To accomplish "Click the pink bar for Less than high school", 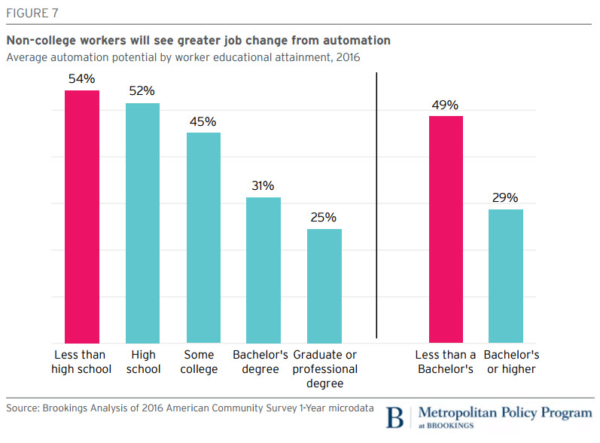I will [81, 216].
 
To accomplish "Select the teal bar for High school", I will [142, 222].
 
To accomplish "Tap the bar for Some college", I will [203, 237].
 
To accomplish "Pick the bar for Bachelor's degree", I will [263, 270].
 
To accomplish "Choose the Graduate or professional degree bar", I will [324, 286].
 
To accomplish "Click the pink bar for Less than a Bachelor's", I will [446, 229].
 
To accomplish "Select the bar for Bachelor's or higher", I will [506, 276].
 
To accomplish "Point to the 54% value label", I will [81, 78].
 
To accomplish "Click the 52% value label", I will [142, 90].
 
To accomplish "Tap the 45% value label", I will [203, 121].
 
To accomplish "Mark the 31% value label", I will [263, 185].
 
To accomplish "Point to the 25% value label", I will [324, 217].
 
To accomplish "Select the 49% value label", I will [446, 105].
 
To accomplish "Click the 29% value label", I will [506, 197].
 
